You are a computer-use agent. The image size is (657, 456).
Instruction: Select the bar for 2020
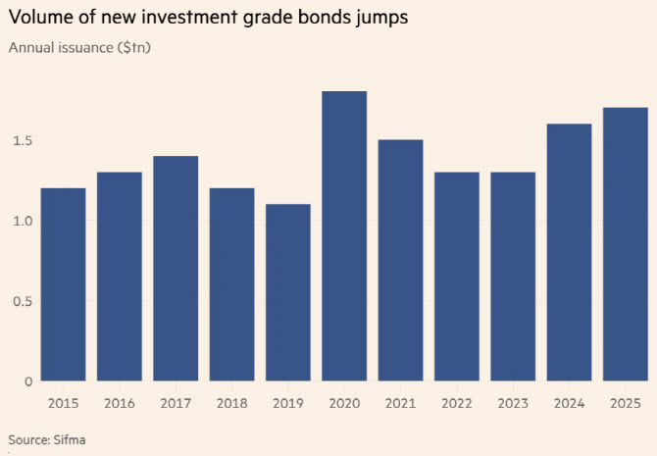344,235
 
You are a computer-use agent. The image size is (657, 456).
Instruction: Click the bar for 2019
288,292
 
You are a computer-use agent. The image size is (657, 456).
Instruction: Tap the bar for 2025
626,243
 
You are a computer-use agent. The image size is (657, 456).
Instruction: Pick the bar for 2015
63,284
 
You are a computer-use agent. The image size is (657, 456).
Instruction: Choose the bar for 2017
176,268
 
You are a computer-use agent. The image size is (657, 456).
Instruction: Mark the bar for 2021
400,260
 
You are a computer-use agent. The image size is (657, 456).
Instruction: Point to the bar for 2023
513,277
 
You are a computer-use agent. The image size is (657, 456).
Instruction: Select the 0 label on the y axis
28,381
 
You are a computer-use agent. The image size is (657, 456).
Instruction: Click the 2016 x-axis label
120,403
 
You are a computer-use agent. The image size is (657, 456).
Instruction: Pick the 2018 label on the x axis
231,403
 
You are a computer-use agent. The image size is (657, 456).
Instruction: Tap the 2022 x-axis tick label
457,403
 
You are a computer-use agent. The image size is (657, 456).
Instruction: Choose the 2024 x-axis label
569,403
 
